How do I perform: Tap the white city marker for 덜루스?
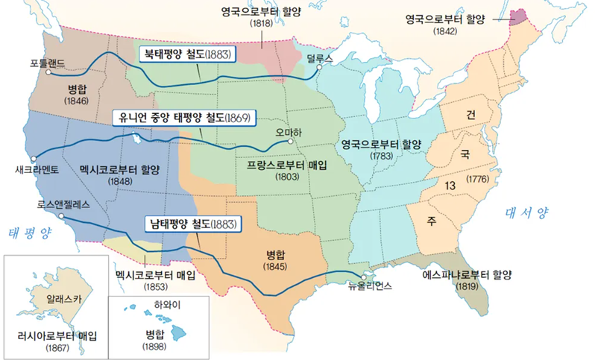[318, 67]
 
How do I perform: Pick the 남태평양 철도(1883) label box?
[191, 224]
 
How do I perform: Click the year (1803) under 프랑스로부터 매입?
[286, 179]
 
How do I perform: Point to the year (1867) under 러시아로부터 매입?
[57, 348]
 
